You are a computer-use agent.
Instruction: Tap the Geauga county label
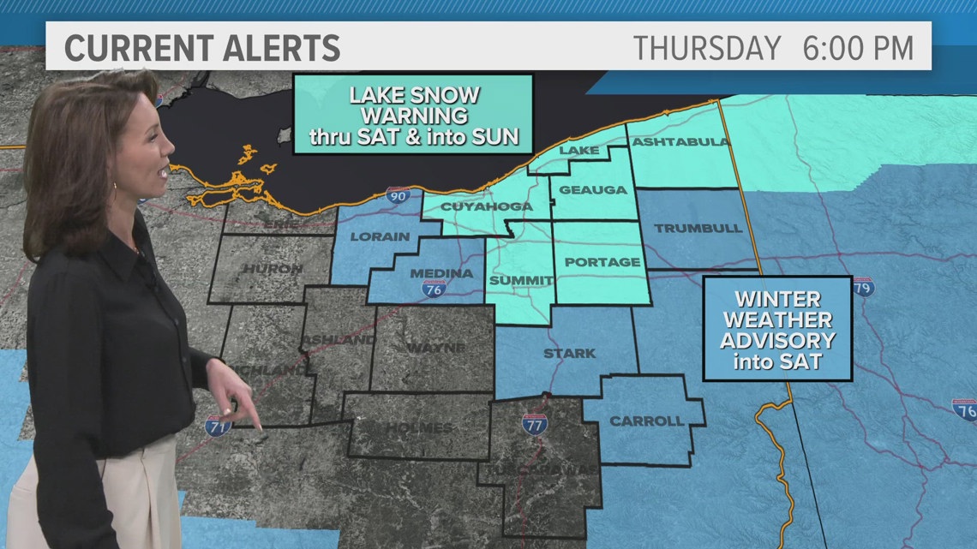pos(594,190)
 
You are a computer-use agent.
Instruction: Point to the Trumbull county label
pos(686,229)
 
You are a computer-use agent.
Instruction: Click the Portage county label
pos(602,262)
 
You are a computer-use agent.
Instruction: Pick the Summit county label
pos(518,280)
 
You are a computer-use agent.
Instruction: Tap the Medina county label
pos(441,273)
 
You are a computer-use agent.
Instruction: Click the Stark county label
pos(569,353)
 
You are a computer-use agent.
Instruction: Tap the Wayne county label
pos(436,348)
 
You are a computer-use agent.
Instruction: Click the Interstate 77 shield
pos(535,423)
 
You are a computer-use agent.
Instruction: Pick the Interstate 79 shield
pos(863,287)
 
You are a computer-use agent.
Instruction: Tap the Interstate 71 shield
pos(218,425)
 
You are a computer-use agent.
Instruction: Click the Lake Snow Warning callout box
pos(413,115)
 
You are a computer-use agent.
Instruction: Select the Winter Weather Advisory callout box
pos(776,329)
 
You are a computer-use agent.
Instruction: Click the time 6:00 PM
pos(857,48)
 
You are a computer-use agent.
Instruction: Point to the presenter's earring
pos(114,187)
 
